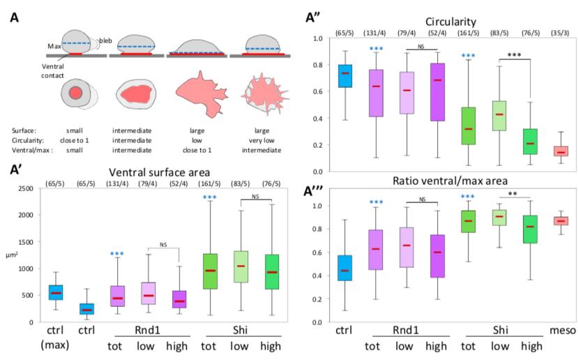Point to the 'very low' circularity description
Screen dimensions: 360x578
tap(254, 138)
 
